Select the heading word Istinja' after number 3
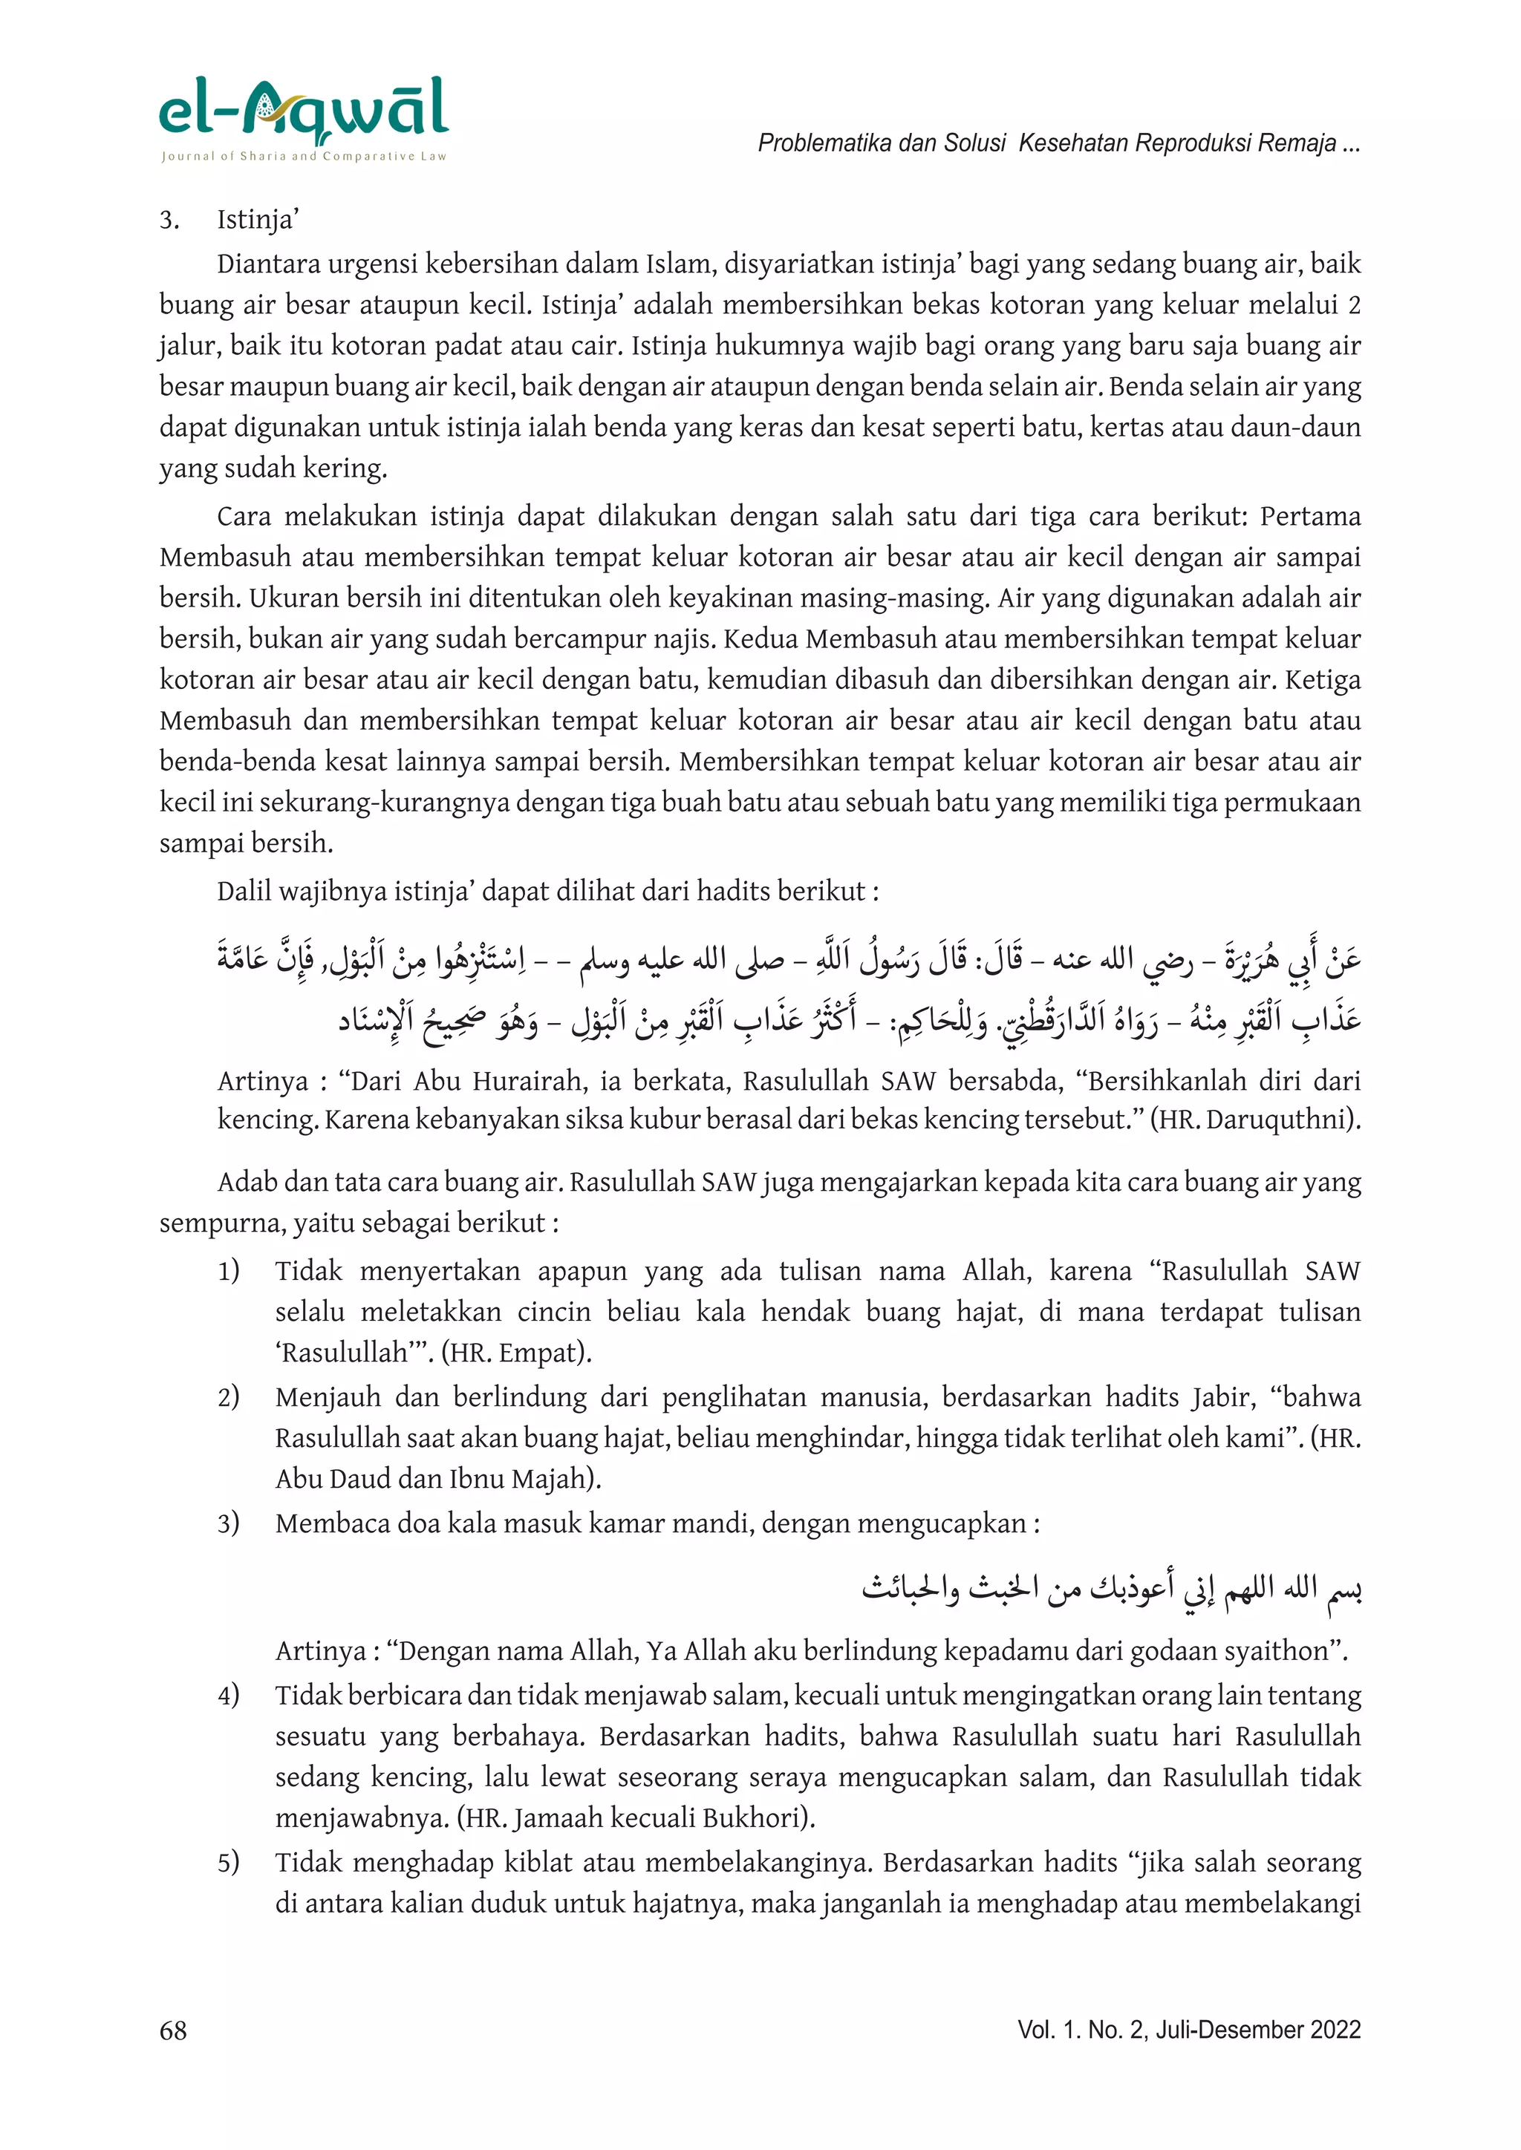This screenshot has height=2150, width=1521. point(258,220)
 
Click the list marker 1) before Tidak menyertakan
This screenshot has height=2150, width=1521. point(229,1271)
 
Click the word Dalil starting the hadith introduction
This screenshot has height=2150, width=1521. point(244,891)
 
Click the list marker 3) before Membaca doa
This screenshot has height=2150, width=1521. point(229,1523)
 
